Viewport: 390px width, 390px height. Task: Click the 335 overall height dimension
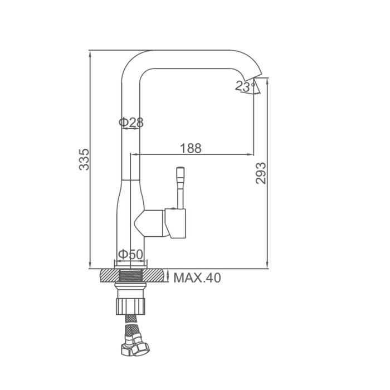tap(84, 159)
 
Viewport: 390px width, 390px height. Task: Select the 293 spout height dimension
tap(261, 173)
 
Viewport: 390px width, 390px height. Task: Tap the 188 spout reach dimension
tap(191, 148)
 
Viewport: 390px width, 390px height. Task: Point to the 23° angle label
tap(245, 86)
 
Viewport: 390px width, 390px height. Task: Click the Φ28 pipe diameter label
tap(131, 122)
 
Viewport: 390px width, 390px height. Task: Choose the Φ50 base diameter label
tap(130, 254)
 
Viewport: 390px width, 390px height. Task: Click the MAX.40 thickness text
tap(197, 278)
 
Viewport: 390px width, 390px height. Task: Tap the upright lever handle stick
tap(181, 188)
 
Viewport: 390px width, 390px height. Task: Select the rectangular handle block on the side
tap(175, 223)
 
